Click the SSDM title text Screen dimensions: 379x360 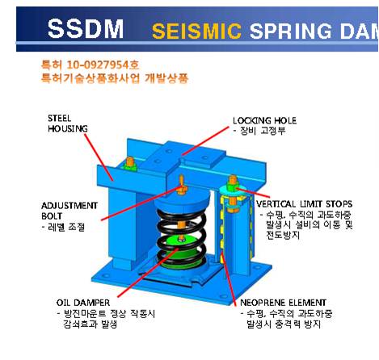tap(86, 28)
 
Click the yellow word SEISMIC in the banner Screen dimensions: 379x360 tap(196, 31)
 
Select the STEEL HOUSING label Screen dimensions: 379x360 tap(68, 123)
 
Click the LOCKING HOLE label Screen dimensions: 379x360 tap(265, 120)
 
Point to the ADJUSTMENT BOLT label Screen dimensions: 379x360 tap(69, 211)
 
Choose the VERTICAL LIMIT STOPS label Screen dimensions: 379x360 tap(304, 204)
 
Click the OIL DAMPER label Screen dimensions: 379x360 tap(83, 303)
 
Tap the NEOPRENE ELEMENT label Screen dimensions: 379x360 tap(283, 303)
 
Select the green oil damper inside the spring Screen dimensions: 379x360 tap(183, 252)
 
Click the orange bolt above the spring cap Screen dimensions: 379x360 tap(181, 185)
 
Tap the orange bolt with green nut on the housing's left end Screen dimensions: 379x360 tap(130, 164)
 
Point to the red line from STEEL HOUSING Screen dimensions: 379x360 tap(99, 157)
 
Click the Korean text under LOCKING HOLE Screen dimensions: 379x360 tap(259, 131)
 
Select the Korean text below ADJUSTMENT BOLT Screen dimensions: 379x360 tap(64, 227)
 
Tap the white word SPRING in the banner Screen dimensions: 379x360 tap(291, 31)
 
